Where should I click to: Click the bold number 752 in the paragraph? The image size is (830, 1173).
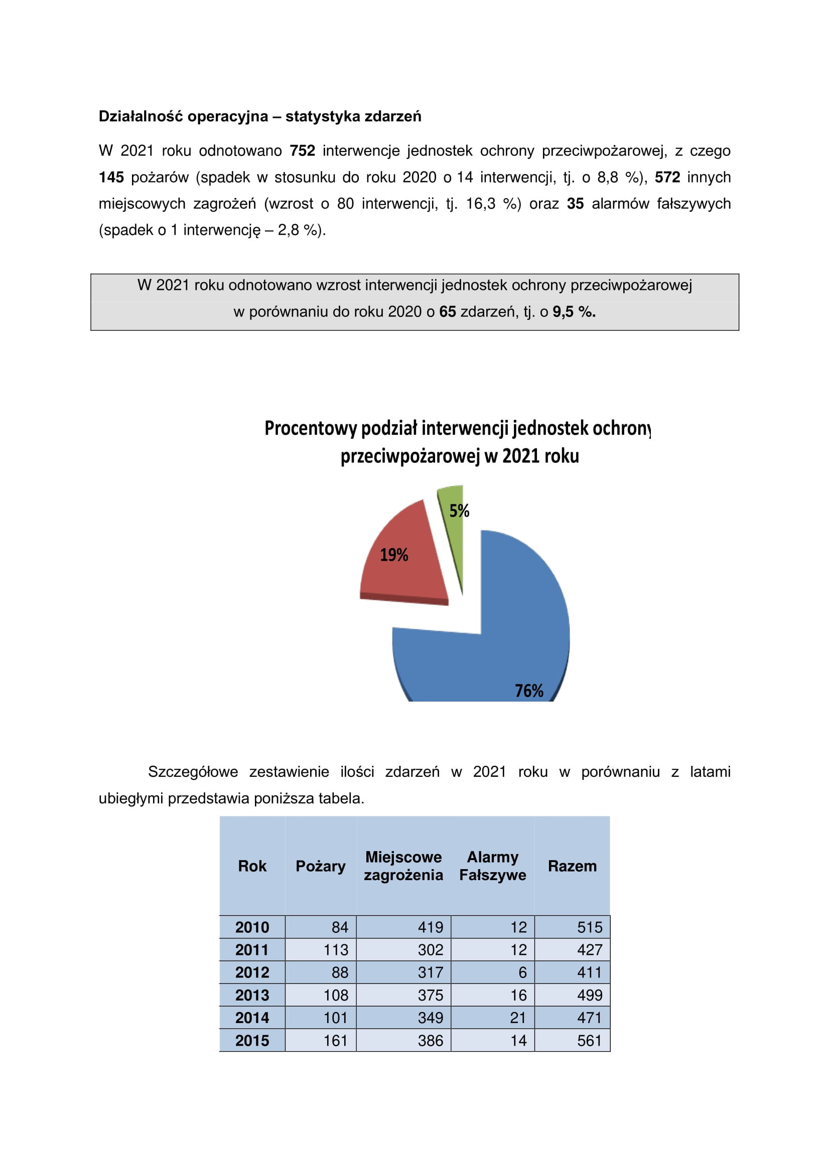pos(302,151)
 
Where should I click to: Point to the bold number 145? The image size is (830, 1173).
pos(111,177)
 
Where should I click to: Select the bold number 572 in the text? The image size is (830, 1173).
pos(667,177)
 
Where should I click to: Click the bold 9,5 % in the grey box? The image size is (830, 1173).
pos(574,311)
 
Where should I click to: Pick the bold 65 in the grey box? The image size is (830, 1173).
pos(447,311)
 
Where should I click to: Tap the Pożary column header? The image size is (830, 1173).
pos(321,866)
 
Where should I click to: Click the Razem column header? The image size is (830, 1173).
pos(572,866)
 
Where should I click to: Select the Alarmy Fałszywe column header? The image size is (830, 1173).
pos(492,866)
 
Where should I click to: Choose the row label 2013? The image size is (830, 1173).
pos(252,995)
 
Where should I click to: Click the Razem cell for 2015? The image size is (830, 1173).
pos(589,1041)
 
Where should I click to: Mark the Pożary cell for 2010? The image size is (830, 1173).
pos(339,927)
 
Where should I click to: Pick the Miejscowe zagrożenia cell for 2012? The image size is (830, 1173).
pos(431,972)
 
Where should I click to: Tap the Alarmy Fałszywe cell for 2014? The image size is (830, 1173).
pos(518,1018)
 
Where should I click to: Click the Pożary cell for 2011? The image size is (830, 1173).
pos(335,950)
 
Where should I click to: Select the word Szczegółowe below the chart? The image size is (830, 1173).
pos(193,771)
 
